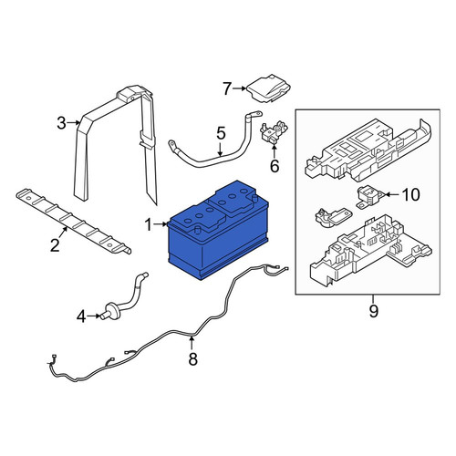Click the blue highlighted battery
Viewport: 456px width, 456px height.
click(x=218, y=231)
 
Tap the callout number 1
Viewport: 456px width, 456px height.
click(x=148, y=225)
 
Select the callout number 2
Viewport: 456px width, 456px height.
click(x=55, y=245)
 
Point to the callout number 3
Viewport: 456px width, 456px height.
click(x=61, y=123)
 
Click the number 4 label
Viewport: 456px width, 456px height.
click(x=81, y=316)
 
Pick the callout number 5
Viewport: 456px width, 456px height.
click(x=221, y=133)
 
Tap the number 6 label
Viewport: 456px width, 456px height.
click(x=275, y=166)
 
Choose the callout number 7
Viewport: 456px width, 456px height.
click(x=227, y=88)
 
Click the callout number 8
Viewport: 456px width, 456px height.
click(x=192, y=358)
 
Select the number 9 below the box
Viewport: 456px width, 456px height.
click(x=374, y=311)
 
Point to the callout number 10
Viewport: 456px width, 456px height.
click(x=410, y=194)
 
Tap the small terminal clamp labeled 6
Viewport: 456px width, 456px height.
click(x=274, y=131)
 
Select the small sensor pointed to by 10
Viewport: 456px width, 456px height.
click(x=369, y=197)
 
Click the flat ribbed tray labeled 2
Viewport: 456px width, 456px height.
click(x=74, y=221)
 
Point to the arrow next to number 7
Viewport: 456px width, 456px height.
click(x=240, y=88)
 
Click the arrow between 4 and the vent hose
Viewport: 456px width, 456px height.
click(x=94, y=316)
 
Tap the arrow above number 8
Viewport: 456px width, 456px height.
click(x=192, y=342)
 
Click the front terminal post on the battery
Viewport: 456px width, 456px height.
click(x=197, y=230)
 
